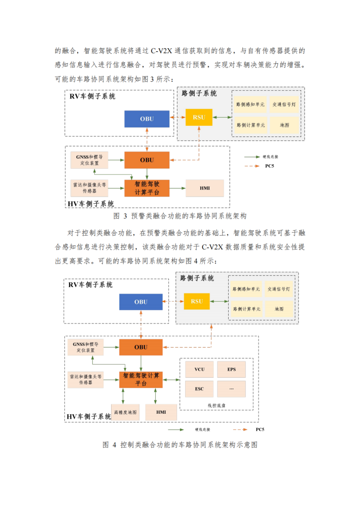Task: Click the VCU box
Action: click(x=199, y=369)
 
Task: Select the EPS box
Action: click(x=231, y=369)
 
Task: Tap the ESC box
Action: click(x=199, y=389)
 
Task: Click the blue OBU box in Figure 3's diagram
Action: click(x=147, y=119)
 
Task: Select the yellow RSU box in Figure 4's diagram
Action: click(x=197, y=301)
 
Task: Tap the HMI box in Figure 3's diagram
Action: click(x=205, y=188)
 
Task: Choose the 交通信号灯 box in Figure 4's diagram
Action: click(x=278, y=289)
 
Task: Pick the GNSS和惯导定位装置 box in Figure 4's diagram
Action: click(x=85, y=347)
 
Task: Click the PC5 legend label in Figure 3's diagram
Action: click(x=270, y=166)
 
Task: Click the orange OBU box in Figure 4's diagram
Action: click(x=140, y=347)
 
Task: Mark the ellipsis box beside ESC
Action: click(x=231, y=389)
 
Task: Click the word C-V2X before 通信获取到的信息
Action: click(x=159, y=51)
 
